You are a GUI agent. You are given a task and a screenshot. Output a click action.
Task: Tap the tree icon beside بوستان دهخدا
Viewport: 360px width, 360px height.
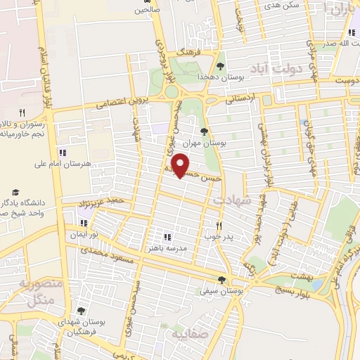pyautogui.click(x=221, y=66)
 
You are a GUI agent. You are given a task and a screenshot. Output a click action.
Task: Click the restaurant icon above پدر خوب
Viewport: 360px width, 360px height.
pyautogui.click(x=219, y=226)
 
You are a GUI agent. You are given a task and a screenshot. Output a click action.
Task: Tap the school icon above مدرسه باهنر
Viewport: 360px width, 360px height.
pyautogui.click(x=167, y=237)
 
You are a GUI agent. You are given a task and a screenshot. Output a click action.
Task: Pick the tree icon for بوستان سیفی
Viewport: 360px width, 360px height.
pyautogui.click(x=221, y=279)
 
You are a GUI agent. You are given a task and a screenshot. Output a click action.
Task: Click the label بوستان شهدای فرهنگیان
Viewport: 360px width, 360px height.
pyautogui.click(x=84, y=324)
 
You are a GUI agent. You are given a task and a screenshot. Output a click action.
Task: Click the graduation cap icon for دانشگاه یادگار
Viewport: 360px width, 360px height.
pyautogui.click(x=15, y=193)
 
